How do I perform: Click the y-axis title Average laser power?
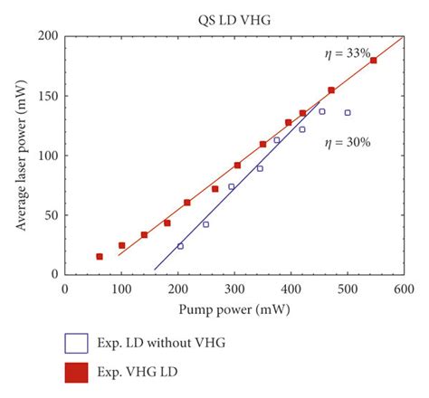click(x=19, y=155)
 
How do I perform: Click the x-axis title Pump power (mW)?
click(x=234, y=308)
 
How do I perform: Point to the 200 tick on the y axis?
click(x=47, y=36)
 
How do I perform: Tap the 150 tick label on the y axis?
click(x=47, y=96)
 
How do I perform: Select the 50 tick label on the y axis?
click(x=51, y=215)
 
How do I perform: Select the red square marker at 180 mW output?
click(x=373, y=61)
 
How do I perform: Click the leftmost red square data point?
click(x=100, y=257)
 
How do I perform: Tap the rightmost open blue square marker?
click(x=348, y=113)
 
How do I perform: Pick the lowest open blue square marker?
click(x=180, y=246)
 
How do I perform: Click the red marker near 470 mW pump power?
click(x=331, y=90)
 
